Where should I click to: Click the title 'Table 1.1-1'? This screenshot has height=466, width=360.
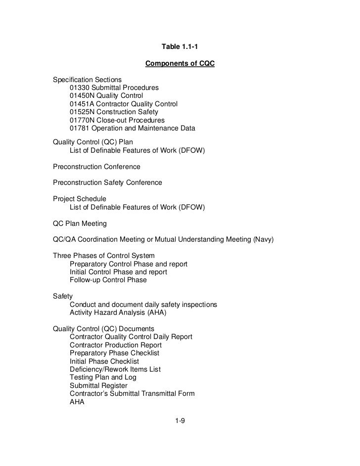coord(180,47)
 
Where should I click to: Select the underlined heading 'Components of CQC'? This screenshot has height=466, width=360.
coord(180,64)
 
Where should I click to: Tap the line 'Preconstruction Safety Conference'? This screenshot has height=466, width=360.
coord(107,183)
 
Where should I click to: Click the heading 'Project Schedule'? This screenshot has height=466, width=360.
coord(80,199)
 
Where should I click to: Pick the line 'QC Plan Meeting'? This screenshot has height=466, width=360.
coord(80,224)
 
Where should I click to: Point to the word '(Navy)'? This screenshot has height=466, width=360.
coord(263,240)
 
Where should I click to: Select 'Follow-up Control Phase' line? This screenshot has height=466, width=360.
coord(108,280)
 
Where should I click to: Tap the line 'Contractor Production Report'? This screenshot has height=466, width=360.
coord(116,345)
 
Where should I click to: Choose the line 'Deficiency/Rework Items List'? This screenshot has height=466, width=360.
coord(115,369)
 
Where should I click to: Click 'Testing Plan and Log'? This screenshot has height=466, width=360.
coord(103,378)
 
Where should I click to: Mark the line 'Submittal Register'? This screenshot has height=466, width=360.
coord(98,385)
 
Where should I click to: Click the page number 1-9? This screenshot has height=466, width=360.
coord(180,421)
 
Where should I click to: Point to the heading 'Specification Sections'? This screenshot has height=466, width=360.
coord(88,80)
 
